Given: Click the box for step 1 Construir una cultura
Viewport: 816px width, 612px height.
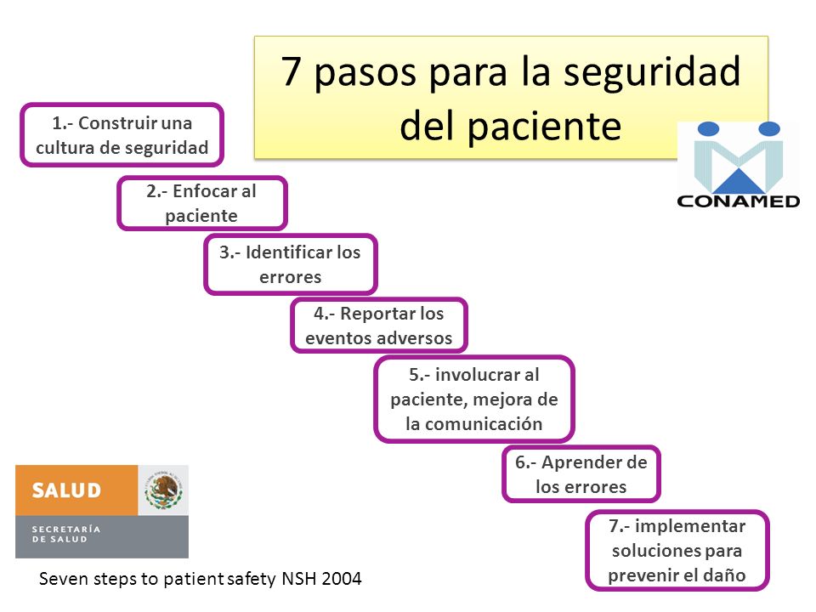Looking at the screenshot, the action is (122, 135).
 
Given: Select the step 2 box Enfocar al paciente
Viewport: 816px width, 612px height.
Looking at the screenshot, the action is (202, 203).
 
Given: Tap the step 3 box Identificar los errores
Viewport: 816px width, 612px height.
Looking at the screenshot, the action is (291, 264).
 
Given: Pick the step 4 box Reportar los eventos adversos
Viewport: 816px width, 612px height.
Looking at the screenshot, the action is (379, 326).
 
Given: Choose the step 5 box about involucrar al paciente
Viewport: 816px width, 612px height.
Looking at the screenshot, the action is (474, 399).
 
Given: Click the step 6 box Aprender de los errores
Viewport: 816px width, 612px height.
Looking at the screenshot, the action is (581, 474).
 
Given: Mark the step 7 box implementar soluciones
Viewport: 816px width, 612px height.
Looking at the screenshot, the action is (677, 550).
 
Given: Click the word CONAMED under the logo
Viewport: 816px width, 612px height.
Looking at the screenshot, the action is (739, 201).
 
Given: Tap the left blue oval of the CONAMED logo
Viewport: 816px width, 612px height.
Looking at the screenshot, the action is (708, 128).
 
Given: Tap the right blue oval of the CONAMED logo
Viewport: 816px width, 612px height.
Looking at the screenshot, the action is (769, 128).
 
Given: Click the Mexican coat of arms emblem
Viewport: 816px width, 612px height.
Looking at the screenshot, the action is (164, 490).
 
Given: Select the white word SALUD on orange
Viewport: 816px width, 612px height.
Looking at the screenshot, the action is (66, 490).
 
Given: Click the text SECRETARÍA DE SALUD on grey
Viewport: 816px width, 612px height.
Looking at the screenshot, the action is (66, 534).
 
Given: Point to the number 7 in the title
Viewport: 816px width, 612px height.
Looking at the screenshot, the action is (292, 71).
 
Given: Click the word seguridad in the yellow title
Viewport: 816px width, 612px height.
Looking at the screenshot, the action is (652, 71).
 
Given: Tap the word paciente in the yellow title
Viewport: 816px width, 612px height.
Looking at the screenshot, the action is (544, 127).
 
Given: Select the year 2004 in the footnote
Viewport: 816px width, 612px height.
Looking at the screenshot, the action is (342, 579).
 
